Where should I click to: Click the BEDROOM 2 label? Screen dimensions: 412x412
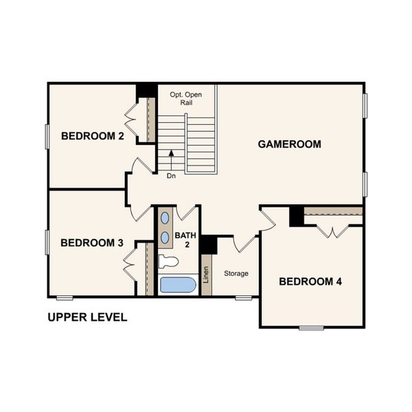tap(92, 136)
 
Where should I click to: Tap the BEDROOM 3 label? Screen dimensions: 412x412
tap(91, 242)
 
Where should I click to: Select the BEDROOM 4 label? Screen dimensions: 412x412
tap(310, 282)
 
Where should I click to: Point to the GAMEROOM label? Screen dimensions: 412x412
tap(290, 144)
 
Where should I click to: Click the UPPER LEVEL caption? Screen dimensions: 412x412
tap(87, 318)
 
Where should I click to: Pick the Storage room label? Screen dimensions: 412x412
tap(236, 273)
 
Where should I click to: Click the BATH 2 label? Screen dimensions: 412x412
tap(185, 240)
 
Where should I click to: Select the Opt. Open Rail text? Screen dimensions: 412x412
tap(187, 98)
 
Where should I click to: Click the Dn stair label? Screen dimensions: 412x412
tap(171, 176)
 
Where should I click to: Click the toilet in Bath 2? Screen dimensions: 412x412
tap(168, 261)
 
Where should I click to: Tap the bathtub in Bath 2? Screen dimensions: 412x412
tap(179, 284)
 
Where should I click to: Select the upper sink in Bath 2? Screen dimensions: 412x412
tap(165, 219)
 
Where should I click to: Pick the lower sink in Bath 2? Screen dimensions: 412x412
tap(165, 238)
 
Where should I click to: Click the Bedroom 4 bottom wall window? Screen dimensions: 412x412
tap(311, 328)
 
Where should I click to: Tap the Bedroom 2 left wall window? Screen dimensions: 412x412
tap(47, 136)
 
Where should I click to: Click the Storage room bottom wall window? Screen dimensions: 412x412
tap(243, 297)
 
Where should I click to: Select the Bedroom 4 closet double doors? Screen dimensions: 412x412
tap(334, 229)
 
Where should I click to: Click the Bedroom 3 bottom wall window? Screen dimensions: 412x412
tap(65, 297)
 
